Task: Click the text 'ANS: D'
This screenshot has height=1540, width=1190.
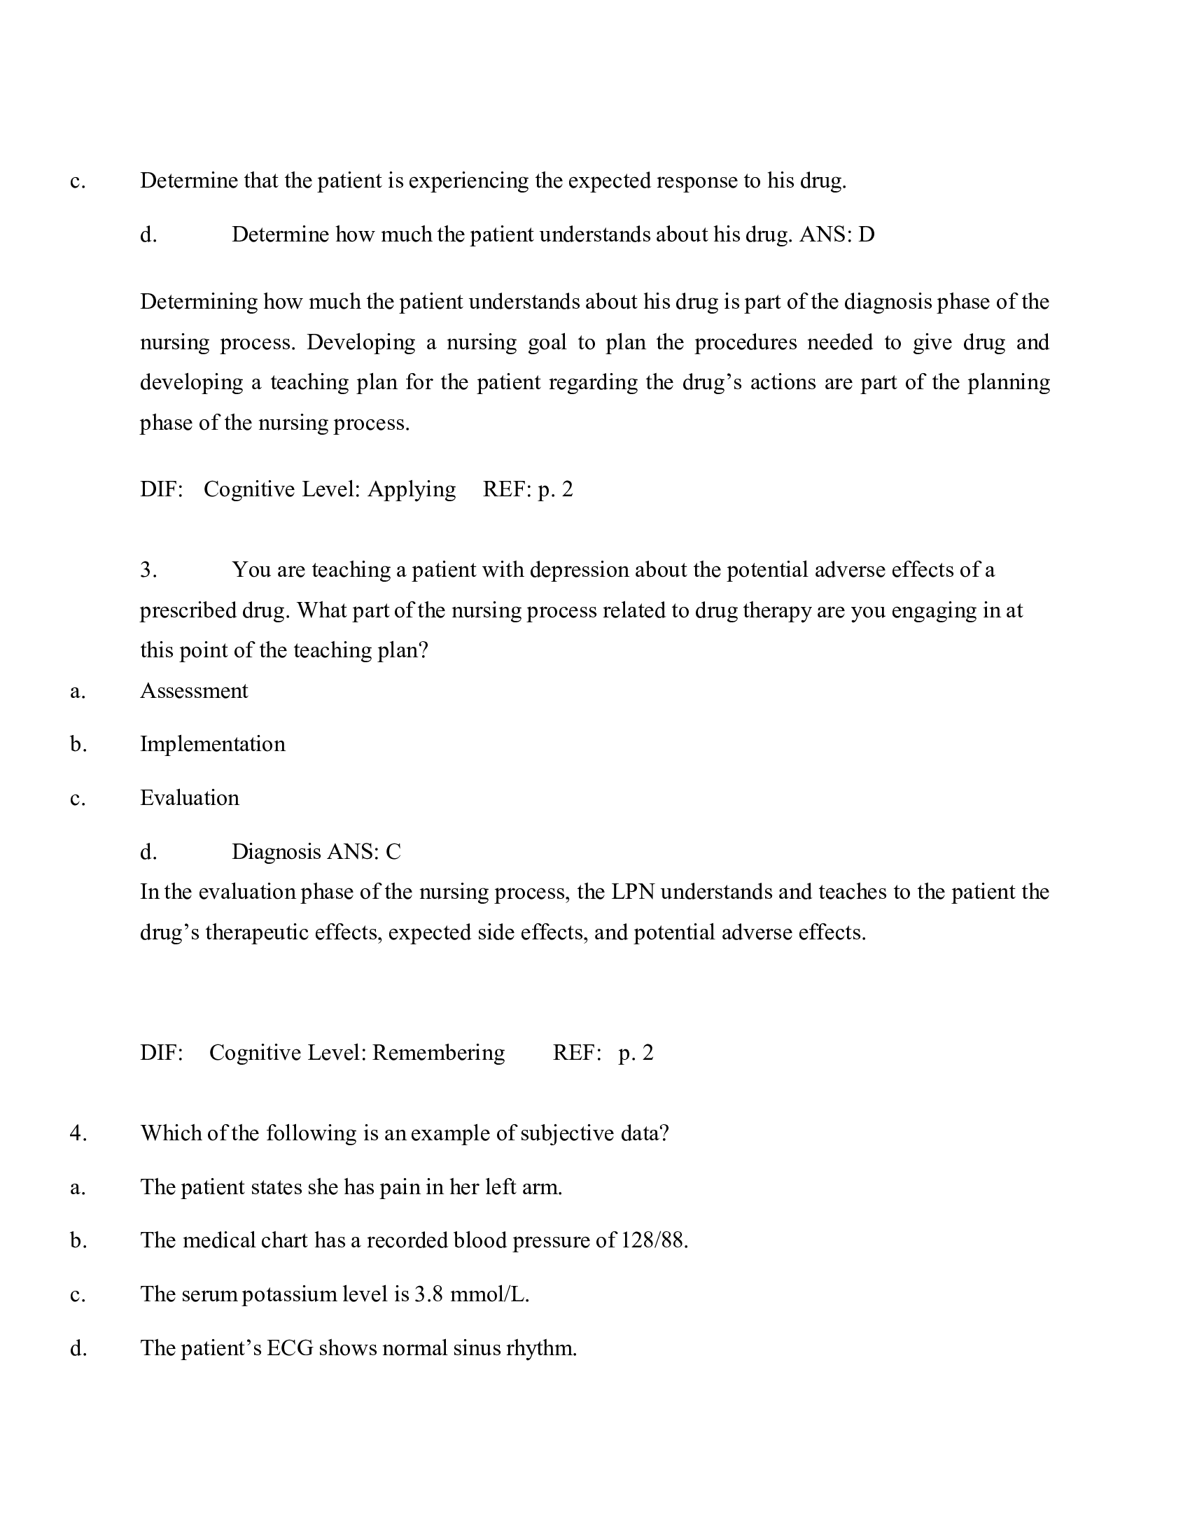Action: [836, 234]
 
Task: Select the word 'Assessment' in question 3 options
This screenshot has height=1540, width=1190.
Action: [194, 690]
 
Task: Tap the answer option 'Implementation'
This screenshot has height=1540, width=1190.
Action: [212, 744]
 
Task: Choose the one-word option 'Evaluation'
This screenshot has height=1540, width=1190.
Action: [190, 797]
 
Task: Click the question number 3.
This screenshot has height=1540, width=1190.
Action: [148, 570]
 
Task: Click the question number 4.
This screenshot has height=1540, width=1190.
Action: [78, 1133]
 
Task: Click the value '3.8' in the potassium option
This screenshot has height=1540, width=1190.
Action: [428, 1294]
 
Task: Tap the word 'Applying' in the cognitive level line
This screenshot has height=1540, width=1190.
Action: [412, 489]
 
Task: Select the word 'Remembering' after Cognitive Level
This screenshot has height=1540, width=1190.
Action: [438, 1053]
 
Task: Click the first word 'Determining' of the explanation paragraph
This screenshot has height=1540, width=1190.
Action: [198, 302]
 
